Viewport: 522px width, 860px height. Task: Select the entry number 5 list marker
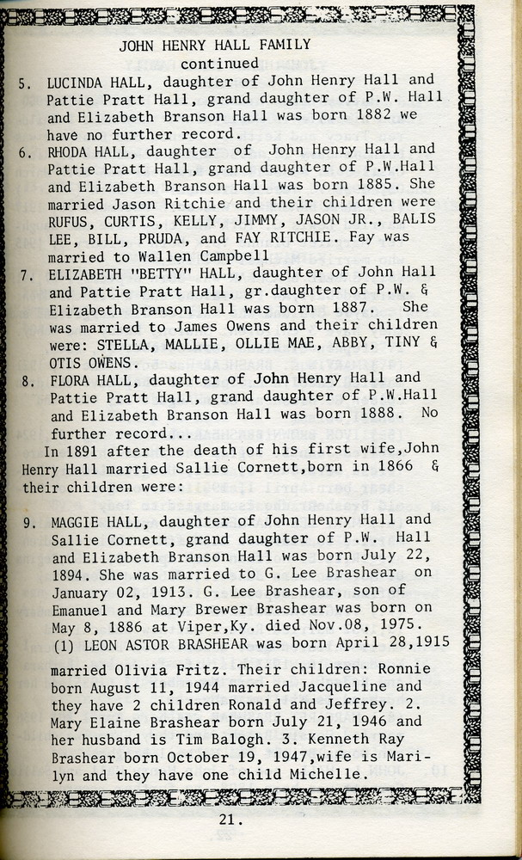click(x=25, y=83)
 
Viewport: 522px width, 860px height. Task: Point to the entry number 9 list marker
click(x=25, y=521)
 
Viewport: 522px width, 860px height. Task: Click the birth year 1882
click(x=341, y=116)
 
